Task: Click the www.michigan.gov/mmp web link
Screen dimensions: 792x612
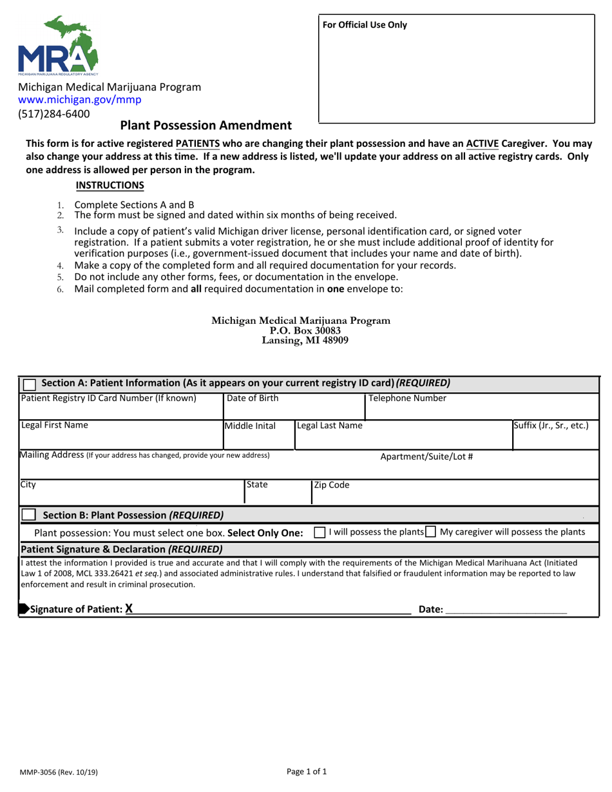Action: click(x=79, y=100)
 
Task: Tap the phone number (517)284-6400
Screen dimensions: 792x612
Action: click(x=53, y=114)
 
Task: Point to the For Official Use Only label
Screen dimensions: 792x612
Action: click(x=365, y=25)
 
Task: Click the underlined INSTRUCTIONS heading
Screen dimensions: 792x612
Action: click(x=110, y=185)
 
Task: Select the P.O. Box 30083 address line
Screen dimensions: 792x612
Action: click(x=301, y=330)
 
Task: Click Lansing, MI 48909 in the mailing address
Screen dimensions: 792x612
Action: click(x=301, y=341)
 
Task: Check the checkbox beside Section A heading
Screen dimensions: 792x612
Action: click(x=29, y=384)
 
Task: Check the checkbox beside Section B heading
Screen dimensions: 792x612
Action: click(x=29, y=515)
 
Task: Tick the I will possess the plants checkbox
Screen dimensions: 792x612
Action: click(x=320, y=533)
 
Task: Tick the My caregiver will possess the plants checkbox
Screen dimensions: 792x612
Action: click(x=430, y=533)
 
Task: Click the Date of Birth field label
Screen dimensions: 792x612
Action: click(x=253, y=399)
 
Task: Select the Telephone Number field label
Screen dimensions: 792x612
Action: click(x=407, y=399)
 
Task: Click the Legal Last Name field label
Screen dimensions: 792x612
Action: click(x=330, y=426)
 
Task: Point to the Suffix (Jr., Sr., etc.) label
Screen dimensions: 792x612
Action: click(x=551, y=426)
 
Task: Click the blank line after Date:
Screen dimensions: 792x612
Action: click(x=506, y=609)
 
